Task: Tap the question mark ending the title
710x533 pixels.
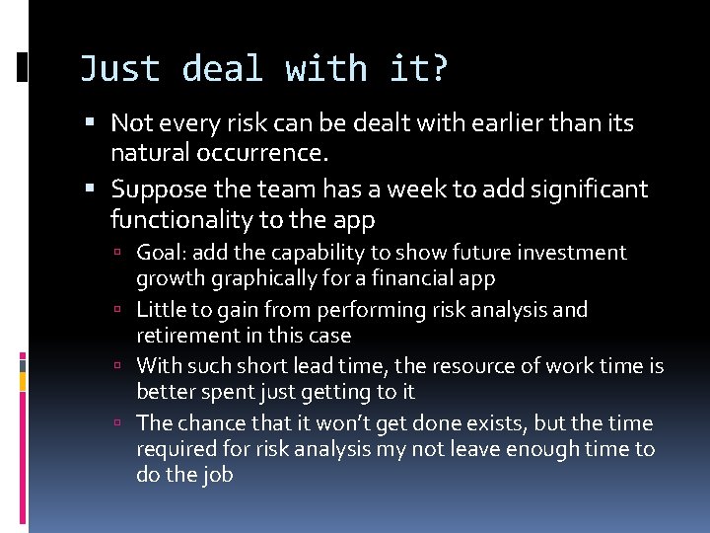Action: (438, 69)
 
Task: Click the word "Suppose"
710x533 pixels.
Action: (158, 188)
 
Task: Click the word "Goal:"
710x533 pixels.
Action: (161, 253)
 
